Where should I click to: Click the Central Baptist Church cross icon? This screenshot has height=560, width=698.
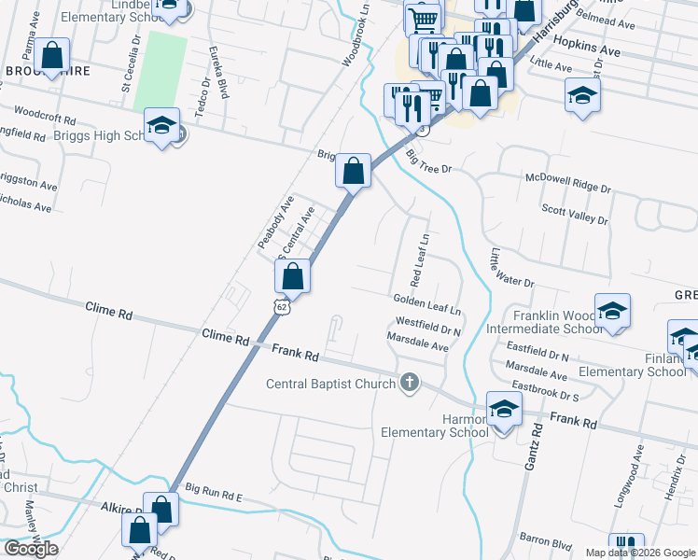point(409,382)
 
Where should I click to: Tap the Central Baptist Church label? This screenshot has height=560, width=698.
point(331,383)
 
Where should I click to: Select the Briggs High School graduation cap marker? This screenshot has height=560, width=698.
point(161,125)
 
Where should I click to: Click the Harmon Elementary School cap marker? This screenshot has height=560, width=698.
point(504,409)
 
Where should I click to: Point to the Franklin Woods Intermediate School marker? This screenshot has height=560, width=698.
point(612,312)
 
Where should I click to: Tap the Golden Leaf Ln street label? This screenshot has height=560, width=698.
point(427,301)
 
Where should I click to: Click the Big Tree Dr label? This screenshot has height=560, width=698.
point(428,162)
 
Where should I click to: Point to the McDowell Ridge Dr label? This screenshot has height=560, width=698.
point(567,182)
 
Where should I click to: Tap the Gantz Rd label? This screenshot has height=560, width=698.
point(536,456)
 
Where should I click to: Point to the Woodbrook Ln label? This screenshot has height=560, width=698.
point(356,39)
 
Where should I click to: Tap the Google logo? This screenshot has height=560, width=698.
point(32,548)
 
